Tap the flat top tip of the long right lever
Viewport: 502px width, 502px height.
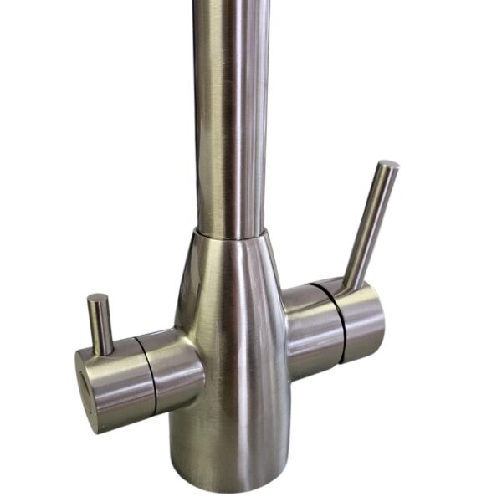(387, 165)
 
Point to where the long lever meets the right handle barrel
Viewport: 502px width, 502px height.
(351, 284)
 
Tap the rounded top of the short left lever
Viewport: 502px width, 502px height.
(98, 299)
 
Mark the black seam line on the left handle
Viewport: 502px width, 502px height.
(150, 376)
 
